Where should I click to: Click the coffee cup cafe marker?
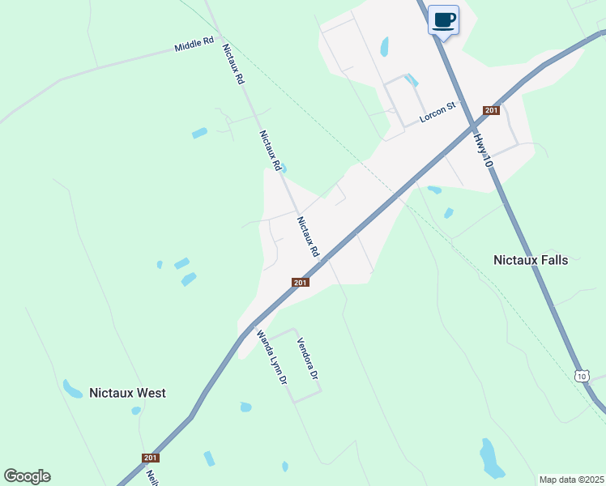[x=443, y=19]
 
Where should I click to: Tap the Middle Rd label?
[x=194, y=45]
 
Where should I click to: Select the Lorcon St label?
[x=438, y=112]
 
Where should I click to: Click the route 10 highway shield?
[x=582, y=375]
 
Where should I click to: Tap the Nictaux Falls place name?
[x=531, y=260]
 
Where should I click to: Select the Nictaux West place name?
[x=128, y=393]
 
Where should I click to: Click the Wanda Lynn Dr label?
[x=271, y=356]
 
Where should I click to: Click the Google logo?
[x=27, y=476]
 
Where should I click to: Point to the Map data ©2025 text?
[x=571, y=479]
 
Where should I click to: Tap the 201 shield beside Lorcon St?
[x=490, y=110]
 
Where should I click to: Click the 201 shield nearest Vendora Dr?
[x=300, y=282]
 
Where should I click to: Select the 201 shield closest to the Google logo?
[x=151, y=458]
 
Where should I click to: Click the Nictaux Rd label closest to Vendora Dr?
[x=308, y=237]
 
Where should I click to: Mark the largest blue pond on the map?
[x=491, y=458]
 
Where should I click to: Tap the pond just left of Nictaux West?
[x=72, y=389]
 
